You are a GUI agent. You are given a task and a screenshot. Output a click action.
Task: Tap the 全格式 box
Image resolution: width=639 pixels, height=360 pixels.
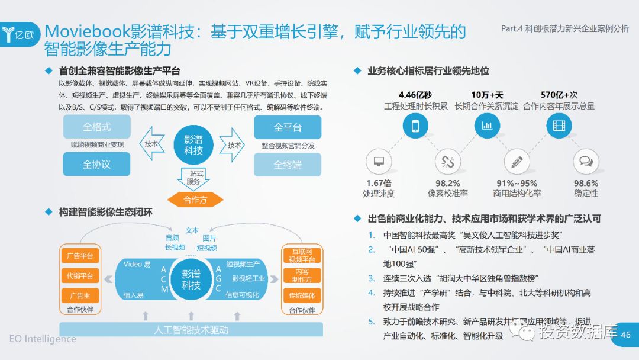(96, 127)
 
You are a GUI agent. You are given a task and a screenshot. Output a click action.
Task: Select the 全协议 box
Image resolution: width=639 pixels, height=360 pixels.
(96, 164)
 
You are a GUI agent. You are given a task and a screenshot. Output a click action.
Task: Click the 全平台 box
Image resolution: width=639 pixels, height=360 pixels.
(288, 127)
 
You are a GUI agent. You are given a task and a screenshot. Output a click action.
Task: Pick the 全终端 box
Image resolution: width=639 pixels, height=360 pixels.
(288, 165)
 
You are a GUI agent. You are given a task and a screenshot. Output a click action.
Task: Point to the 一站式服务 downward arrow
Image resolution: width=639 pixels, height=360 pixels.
(193, 178)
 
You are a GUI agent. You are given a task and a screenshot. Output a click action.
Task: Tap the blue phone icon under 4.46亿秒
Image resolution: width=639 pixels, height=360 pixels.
(415, 126)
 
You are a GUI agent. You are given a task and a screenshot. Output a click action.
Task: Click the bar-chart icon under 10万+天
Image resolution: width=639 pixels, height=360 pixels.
(487, 126)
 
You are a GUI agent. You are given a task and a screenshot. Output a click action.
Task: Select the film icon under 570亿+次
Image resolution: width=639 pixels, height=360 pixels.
(559, 126)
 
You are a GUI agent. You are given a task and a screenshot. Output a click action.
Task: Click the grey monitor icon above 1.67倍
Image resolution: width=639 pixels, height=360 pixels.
(379, 161)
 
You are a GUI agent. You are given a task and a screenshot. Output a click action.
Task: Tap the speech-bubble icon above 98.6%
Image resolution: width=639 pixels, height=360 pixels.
(586, 161)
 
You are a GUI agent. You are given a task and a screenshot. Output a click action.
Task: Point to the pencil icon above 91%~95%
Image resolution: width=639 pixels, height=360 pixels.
(517, 161)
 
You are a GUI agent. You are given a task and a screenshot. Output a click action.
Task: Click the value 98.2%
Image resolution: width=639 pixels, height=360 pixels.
(447, 183)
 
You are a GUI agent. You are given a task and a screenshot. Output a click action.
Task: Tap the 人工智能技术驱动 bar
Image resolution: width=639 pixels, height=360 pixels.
(191, 330)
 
